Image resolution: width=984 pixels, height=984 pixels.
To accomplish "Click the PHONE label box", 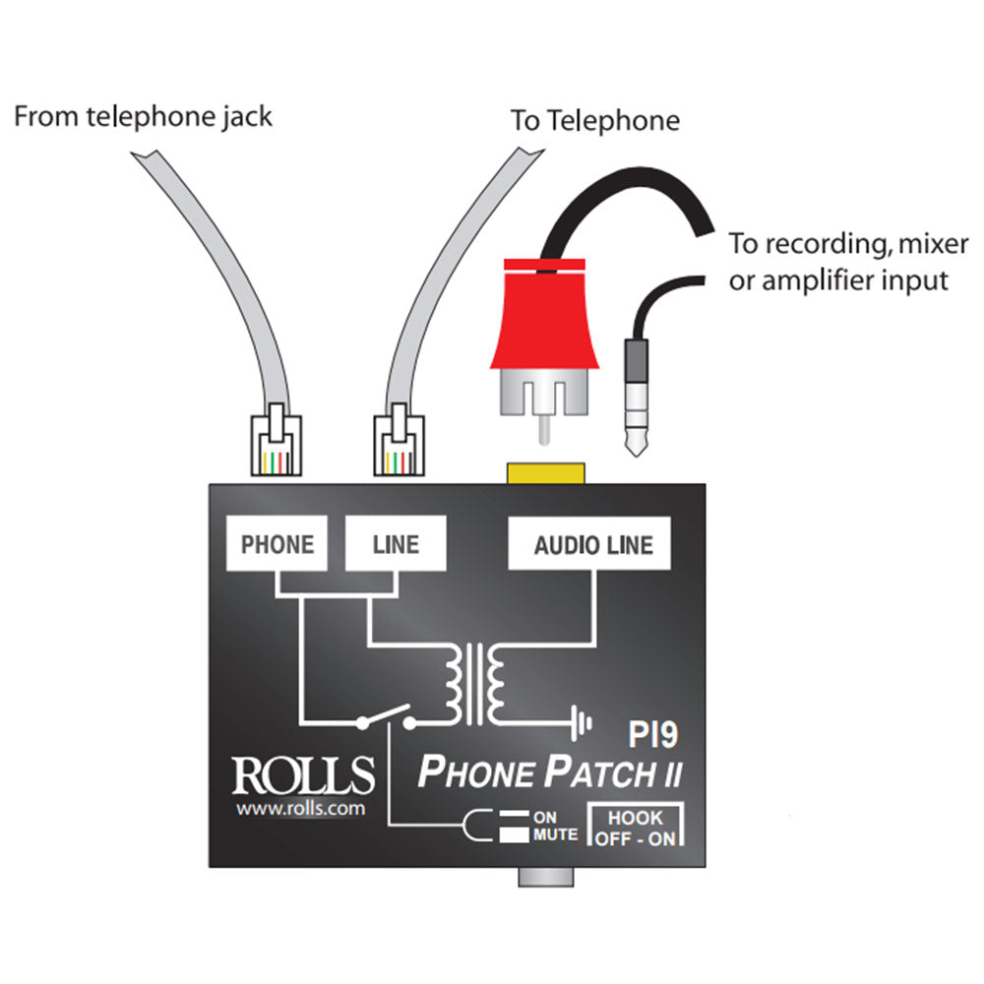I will click(x=277, y=544).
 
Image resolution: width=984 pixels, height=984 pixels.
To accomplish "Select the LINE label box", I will click(x=396, y=544).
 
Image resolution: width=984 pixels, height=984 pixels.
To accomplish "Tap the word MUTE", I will click(x=555, y=835).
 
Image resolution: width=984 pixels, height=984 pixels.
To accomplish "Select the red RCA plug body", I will click(x=544, y=315).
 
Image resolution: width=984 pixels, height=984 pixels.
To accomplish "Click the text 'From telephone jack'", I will click(x=144, y=118).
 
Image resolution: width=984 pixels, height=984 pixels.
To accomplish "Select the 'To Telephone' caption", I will click(x=594, y=121).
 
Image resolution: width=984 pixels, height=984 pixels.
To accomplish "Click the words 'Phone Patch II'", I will click(x=550, y=772).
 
